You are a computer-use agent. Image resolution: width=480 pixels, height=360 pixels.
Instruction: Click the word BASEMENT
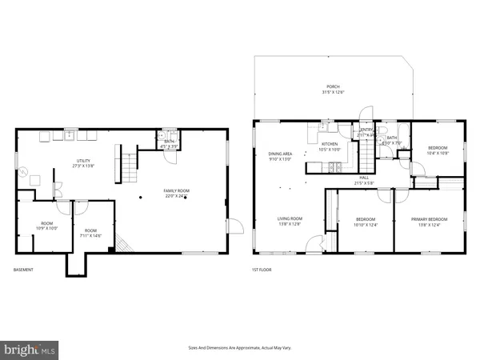click(x=24, y=270)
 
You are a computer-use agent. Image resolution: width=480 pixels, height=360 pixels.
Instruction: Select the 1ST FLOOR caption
click(x=262, y=270)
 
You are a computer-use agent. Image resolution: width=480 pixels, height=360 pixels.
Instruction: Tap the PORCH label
click(x=332, y=89)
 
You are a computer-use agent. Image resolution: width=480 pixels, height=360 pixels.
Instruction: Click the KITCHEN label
click(x=330, y=146)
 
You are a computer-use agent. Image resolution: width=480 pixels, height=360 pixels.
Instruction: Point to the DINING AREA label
click(x=280, y=155)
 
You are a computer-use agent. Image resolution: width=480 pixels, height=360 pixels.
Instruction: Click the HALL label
click(x=363, y=180)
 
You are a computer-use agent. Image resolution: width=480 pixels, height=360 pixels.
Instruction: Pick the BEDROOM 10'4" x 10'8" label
click(x=438, y=150)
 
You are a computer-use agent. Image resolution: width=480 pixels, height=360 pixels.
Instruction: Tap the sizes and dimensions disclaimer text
click(x=240, y=348)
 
